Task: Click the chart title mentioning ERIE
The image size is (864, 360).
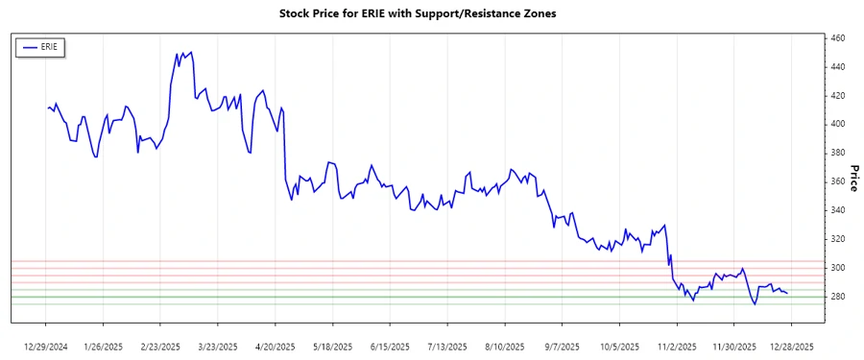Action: tap(417, 14)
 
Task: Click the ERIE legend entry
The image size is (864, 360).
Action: tap(39, 46)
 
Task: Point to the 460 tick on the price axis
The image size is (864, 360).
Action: tap(837, 38)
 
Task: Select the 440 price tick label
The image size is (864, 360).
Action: tap(837, 67)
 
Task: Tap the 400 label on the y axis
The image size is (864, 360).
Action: tap(837, 125)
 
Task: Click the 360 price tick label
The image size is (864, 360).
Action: tap(837, 181)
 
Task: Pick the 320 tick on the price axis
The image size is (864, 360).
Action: tap(837, 239)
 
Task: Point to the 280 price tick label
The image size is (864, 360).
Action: tap(837, 297)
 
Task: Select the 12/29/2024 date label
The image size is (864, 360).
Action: tap(47, 346)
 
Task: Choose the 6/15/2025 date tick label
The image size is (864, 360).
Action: tap(390, 346)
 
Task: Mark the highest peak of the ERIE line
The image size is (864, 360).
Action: tap(192, 52)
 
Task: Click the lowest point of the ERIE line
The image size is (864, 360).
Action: tap(755, 304)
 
